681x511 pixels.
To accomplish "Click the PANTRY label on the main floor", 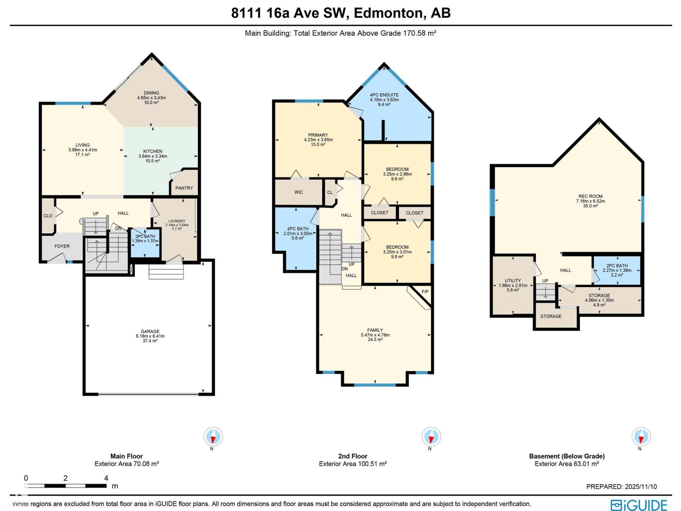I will pyautogui.click(x=184, y=188).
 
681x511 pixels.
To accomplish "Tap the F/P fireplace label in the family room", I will pyautogui.click(x=425, y=292).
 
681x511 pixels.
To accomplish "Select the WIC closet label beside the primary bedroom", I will pyautogui.click(x=298, y=192).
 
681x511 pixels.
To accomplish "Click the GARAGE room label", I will pyautogui.click(x=150, y=331).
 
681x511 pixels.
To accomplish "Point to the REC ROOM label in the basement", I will pyautogui.click(x=590, y=196).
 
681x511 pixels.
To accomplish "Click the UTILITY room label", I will pyautogui.click(x=512, y=281).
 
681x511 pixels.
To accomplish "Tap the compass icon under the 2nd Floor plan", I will pyautogui.click(x=431, y=436).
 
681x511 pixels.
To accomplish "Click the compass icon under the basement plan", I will pyautogui.click(x=641, y=436).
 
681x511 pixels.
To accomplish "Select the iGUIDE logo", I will pyautogui.click(x=639, y=505).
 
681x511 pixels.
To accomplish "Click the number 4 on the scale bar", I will pyautogui.click(x=106, y=478).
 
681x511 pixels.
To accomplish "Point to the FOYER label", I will pyautogui.click(x=62, y=246).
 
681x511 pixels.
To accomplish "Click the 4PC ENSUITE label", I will pyautogui.click(x=384, y=95).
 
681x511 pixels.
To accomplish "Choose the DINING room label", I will pyautogui.click(x=151, y=93).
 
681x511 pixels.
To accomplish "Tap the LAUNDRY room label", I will pyautogui.click(x=177, y=221).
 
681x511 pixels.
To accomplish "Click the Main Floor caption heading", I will pyautogui.click(x=126, y=456).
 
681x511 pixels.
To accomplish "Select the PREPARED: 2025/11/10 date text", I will pyautogui.click(x=621, y=486).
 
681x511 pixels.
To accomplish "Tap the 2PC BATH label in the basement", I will pyautogui.click(x=617, y=265).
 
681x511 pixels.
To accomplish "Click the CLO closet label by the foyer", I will pyautogui.click(x=48, y=215).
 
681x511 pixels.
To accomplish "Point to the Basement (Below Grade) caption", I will pyautogui.click(x=567, y=456).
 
